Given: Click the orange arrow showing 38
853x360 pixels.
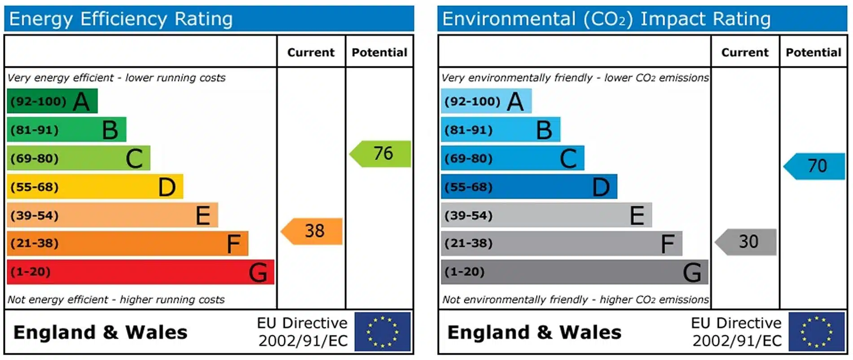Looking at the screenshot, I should (312, 231).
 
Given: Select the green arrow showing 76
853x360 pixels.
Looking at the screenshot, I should (381, 154).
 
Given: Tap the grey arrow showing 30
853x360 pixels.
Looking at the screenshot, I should (747, 242).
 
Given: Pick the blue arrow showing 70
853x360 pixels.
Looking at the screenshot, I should (815, 166).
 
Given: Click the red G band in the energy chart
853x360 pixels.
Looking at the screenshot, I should (140, 272).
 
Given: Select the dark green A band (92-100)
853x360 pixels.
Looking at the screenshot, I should (52, 101).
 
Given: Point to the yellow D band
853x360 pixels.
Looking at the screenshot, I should (95, 187).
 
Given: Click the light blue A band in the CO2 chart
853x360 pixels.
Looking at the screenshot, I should (486, 101).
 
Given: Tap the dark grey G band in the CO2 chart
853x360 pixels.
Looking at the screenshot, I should (574, 272).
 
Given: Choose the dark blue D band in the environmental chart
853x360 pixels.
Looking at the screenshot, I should (528, 187).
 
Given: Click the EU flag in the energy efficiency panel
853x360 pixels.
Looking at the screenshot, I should (383, 332).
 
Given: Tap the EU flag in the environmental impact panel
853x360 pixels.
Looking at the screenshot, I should (816, 332).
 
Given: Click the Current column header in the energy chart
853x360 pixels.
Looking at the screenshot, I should (311, 53).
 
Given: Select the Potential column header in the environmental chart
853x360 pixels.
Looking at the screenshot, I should (813, 53).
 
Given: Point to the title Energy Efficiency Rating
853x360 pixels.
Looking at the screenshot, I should (121, 19).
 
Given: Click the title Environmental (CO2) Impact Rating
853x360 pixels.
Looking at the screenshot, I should (606, 19).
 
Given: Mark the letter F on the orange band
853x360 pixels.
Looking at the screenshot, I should (233, 244).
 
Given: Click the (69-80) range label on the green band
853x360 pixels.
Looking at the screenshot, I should (35, 158).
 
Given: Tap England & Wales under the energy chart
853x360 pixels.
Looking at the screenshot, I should (100, 333).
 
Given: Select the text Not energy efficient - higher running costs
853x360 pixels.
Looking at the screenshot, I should (116, 299).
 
